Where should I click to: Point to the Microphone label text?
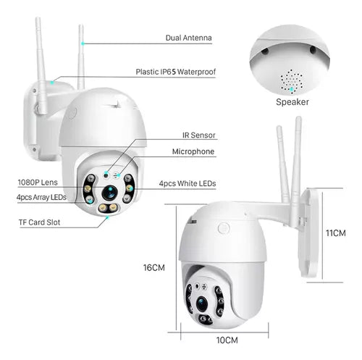point(193,152)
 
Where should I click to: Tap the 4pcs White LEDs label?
point(187,184)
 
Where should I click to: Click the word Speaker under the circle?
point(292,102)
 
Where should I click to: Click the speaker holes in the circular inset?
point(292,80)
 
